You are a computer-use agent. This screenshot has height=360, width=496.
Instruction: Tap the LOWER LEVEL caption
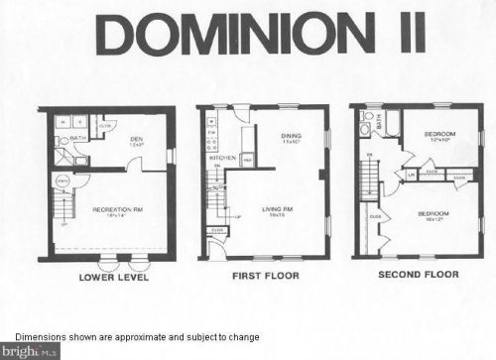pos(112,279)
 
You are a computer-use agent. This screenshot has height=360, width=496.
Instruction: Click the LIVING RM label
pos(277,209)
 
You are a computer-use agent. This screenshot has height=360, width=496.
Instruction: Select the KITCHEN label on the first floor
pos(221,158)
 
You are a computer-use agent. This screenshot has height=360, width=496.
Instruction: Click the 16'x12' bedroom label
pos(433,214)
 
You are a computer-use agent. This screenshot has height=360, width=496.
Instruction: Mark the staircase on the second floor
pos(368,183)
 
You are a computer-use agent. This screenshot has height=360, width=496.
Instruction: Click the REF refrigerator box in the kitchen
pos(247,159)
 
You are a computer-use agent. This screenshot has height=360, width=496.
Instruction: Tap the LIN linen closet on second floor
pos(412,177)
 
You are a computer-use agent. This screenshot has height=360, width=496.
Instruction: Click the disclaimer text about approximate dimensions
pos(137,337)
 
